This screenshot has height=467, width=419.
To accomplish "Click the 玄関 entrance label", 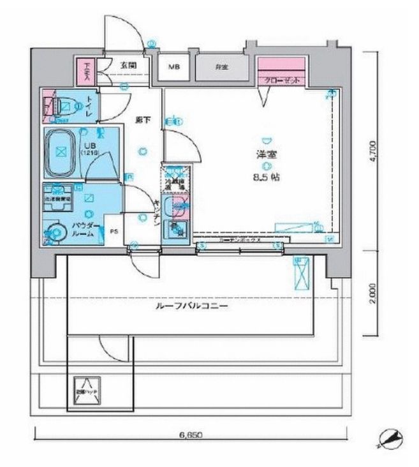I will coord(125,64).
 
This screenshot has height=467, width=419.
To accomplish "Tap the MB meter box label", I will coord(173,66).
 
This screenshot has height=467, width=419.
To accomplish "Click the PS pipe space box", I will coord(115,232).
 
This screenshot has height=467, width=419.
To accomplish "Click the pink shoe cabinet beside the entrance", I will coord(85,72).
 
